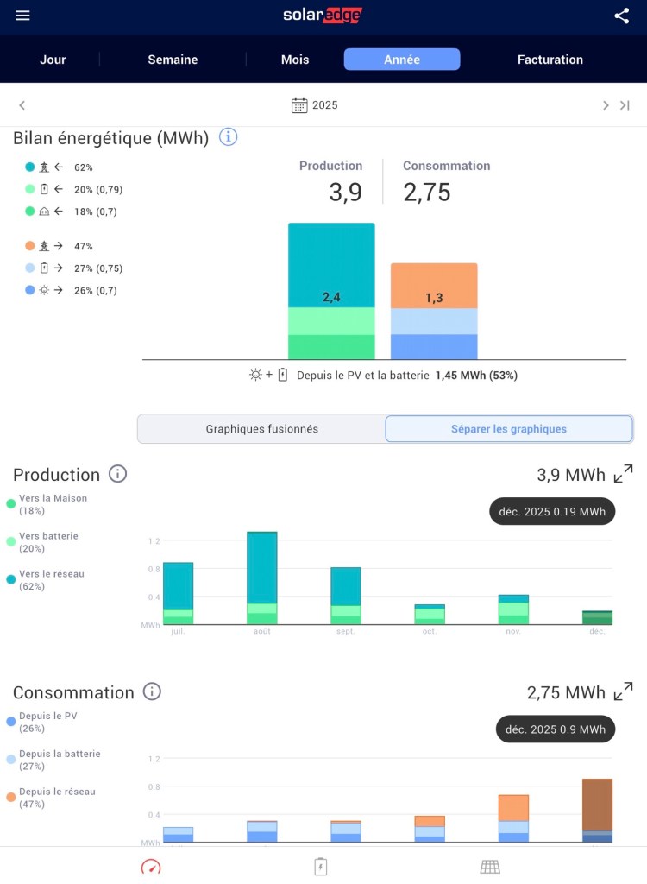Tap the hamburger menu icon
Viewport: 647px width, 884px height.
tap(22, 16)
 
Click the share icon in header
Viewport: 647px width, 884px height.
tap(622, 16)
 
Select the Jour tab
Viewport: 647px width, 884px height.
tap(53, 60)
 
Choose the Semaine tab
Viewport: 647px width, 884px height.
tap(173, 60)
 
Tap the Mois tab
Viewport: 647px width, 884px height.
tap(295, 60)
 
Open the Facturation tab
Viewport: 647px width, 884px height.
tap(550, 60)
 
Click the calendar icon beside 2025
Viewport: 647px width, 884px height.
tap(299, 105)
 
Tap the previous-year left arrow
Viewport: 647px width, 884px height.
tap(22, 105)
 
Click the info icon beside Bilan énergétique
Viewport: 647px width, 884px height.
tap(228, 136)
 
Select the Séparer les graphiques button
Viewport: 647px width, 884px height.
tap(509, 428)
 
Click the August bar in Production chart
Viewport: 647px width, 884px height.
tap(262, 577)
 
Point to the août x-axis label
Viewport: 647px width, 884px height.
tap(262, 631)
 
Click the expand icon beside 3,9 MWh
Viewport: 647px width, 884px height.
tap(623, 474)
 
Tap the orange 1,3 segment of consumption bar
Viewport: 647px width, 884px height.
tap(434, 286)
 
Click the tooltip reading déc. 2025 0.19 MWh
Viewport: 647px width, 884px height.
tap(552, 511)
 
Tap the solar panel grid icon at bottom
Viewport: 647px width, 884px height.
tap(490, 866)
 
